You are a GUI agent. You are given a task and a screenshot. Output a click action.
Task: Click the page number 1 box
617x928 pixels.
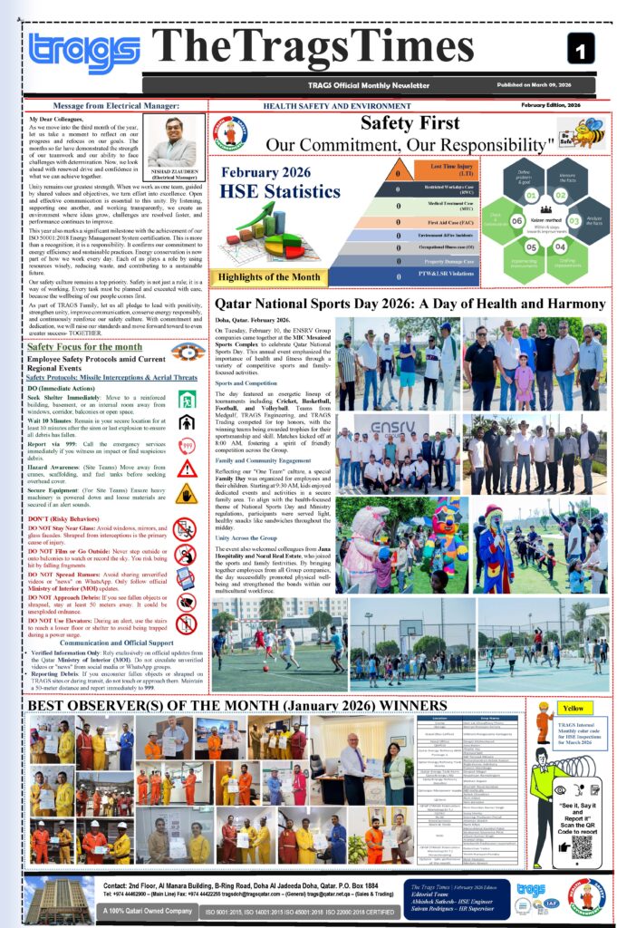581,48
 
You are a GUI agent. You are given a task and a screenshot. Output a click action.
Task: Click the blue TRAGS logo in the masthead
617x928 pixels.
83,53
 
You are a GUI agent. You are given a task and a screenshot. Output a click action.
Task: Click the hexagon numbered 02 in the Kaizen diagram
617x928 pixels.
561,194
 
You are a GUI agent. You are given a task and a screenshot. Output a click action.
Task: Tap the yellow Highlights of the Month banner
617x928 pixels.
267,277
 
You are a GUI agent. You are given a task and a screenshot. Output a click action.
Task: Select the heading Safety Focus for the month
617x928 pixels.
84,347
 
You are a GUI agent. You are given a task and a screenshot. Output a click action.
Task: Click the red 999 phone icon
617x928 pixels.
187,445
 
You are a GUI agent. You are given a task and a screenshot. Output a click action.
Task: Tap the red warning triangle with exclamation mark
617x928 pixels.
187,469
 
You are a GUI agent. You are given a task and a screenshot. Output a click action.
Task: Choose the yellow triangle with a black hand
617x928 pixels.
187,493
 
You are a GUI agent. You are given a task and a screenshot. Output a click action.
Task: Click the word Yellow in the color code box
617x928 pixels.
573,708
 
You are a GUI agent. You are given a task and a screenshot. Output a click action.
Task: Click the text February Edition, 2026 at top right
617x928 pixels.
558,105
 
